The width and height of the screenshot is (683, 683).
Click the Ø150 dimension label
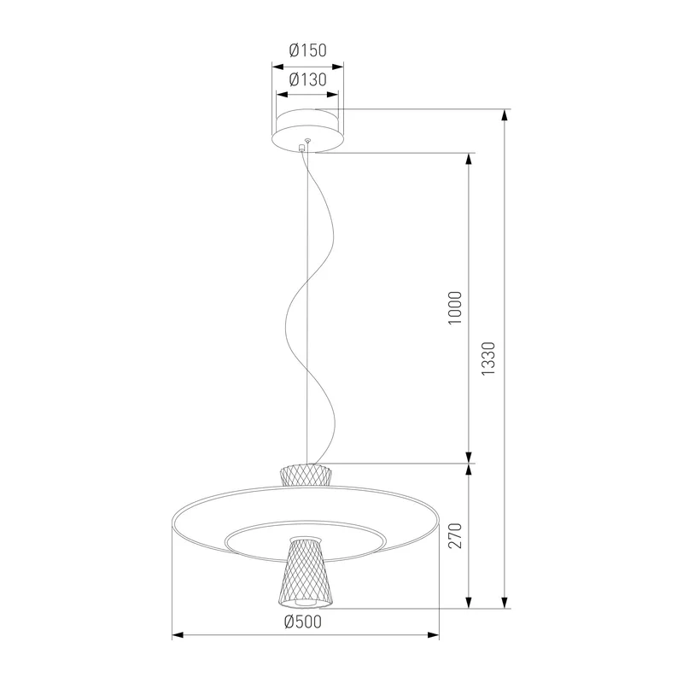coord(307,50)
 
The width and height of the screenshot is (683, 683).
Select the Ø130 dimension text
coord(307,79)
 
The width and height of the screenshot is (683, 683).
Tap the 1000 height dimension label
coord(455,308)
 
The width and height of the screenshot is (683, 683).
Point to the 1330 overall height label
coord(488,359)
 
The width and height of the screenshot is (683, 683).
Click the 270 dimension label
coord(455,536)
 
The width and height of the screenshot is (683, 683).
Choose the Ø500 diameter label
coord(303,622)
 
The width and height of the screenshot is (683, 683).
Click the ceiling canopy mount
coord(307,131)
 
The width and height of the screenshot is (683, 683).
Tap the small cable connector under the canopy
coord(301,148)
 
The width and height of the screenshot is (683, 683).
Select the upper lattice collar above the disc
coord(306,476)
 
